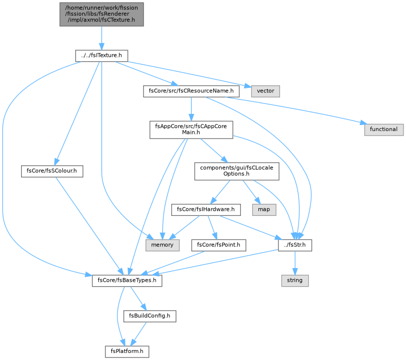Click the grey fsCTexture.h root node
coord(101,14)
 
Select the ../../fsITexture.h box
coord(101,56)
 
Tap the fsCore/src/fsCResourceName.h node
coord(191,91)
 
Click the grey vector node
coord(265,91)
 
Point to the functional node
coord(384,130)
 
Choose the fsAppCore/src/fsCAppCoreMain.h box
coord(191,130)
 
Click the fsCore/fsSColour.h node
coord(52,171)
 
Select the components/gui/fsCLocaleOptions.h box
coord(237,171)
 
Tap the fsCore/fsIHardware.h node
coord(206,209)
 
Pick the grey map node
coord(264,209)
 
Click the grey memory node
coord(162,245)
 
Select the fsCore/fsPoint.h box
coord(218,245)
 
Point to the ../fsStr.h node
coord(295,245)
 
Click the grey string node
coord(295,281)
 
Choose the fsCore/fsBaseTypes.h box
coord(127,281)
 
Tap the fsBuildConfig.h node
coord(150,316)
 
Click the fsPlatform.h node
coord(127,351)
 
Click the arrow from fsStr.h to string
coord(295,263)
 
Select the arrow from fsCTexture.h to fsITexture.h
coord(101,38)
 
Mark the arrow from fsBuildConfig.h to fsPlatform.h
coord(139,334)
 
